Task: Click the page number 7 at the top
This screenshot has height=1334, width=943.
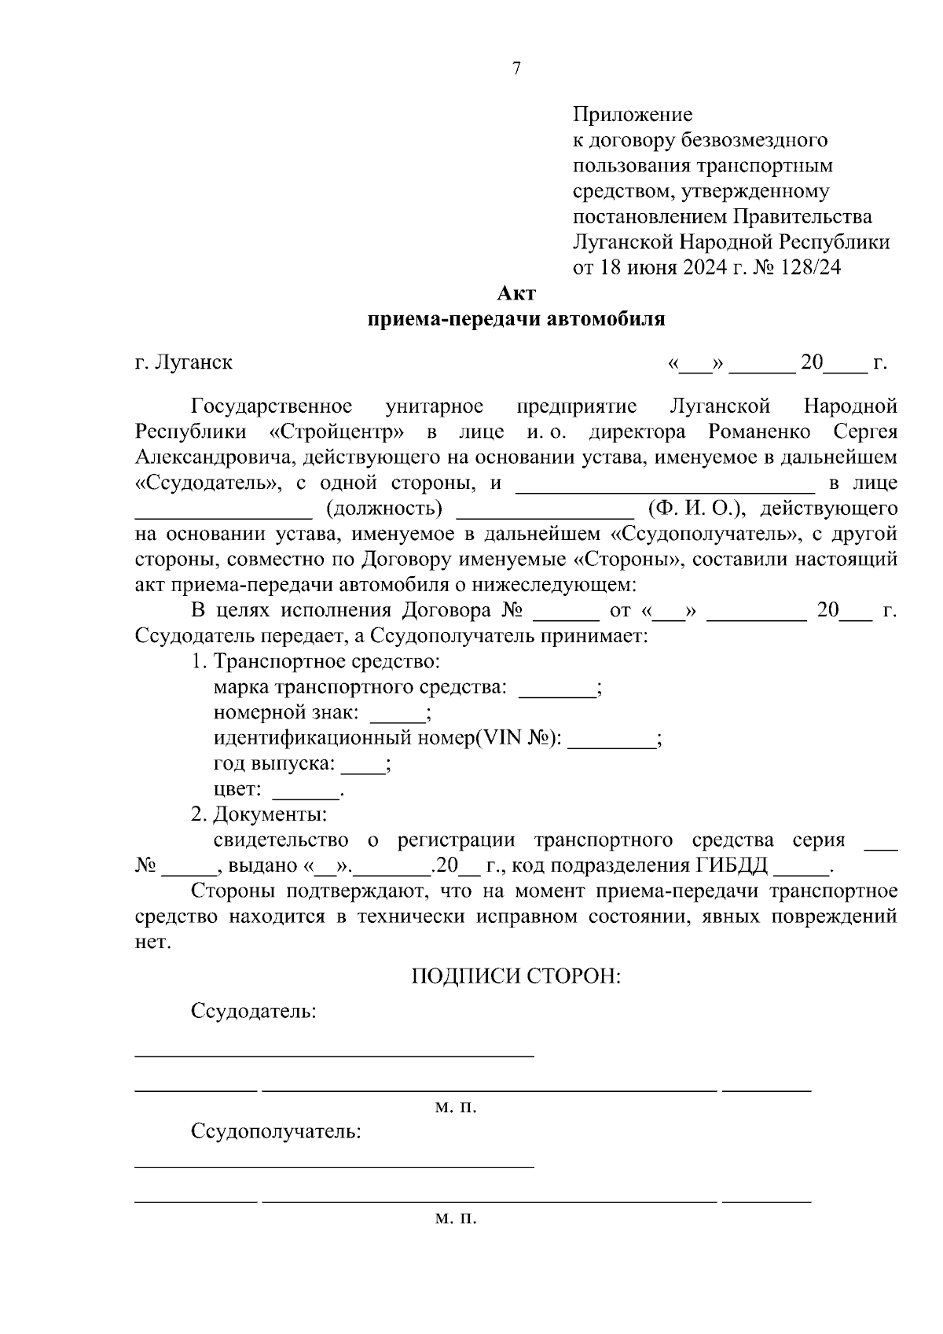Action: tap(516, 69)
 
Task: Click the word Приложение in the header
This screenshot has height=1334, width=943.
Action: tap(633, 116)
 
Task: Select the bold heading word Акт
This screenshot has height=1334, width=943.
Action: tap(516, 294)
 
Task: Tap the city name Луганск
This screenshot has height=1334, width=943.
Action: tap(193, 362)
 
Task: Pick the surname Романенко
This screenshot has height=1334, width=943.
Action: tap(759, 432)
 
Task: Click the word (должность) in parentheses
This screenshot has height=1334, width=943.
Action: tap(384, 508)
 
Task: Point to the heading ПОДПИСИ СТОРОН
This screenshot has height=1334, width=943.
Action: tap(516, 976)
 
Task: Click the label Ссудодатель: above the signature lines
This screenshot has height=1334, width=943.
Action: tap(253, 1011)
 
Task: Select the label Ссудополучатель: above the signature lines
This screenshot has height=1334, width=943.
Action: tap(276, 1132)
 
